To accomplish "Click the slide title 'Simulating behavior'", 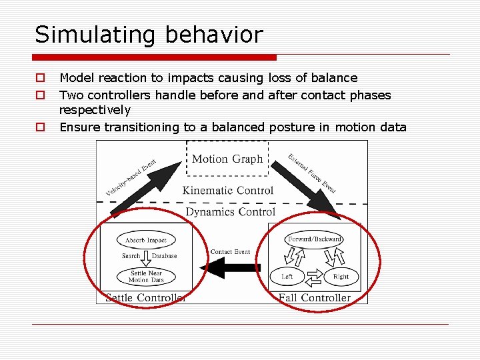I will click(149, 35).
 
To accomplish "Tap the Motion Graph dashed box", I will click(227, 159).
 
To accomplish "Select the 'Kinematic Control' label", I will click(228, 191).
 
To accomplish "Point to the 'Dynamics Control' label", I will click(230, 212).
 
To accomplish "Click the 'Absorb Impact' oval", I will click(146, 240).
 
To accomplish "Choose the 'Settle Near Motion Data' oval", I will click(146, 276).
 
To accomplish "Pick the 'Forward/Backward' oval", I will click(315, 239).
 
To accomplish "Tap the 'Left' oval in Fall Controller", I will click(287, 276).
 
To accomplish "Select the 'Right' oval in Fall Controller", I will click(341, 276).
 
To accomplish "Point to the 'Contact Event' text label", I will click(230, 252).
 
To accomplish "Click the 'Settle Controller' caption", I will click(146, 297).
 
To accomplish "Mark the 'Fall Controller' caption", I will click(314, 297).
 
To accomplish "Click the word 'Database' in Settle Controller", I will click(164, 256).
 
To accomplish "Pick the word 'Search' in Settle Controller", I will click(131, 256).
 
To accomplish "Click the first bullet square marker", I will click(41, 79).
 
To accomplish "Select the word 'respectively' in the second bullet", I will click(95, 110).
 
